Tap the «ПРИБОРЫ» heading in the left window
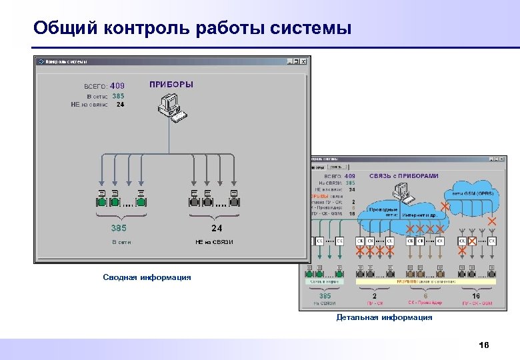pyautogui.click(x=171, y=85)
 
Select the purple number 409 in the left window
pyautogui.click(x=117, y=85)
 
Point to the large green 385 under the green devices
pyautogui.click(x=118, y=228)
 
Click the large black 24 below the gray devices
pyautogui.click(x=217, y=228)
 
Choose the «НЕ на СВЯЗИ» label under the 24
pyautogui.click(x=214, y=242)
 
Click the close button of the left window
pyautogui.click(x=305, y=61)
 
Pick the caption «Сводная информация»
pyautogui.click(x=147, y=277)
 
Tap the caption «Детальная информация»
pyautogui.click(x=384, y=317)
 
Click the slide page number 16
pyautogui.click(x=484, y=345)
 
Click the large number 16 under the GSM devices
pyautogui.click(x=475, y=295)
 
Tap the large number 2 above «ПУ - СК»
pyautogui.click(x=374, y=295)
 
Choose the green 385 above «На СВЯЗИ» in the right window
pyautogui.click(x=325, y=295)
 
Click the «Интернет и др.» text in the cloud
pyautogui.click(x=418, y=215)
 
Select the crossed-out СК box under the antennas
pyautogui.click(x=472, y=241)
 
